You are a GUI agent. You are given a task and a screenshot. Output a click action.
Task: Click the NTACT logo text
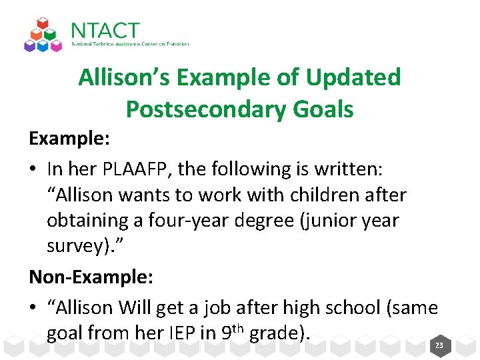(105, 31)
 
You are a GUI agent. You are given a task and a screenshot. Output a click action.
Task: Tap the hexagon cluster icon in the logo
(43, 35)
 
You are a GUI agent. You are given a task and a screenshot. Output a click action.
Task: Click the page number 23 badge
(439, 345)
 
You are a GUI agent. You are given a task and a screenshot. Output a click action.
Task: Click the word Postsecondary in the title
(198, 109)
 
